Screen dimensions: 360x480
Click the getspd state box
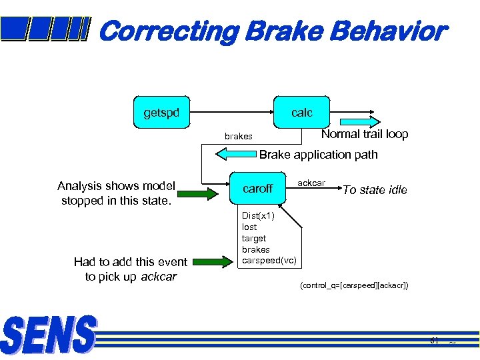161,113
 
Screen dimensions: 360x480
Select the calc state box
301,113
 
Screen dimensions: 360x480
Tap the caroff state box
257,189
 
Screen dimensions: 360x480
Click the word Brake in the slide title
285,31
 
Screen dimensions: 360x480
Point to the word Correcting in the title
170,31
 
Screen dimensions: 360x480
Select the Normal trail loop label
365,134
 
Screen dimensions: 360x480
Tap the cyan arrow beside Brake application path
235,154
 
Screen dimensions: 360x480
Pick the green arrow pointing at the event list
214,261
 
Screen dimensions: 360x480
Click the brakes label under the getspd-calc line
238,137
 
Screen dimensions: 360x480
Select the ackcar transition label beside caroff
311,183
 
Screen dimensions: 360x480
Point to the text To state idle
375,190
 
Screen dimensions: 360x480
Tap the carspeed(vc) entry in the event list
269,260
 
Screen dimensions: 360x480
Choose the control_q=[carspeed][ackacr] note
354,285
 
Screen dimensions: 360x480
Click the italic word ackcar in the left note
159,277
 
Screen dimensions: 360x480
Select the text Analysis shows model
116,186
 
